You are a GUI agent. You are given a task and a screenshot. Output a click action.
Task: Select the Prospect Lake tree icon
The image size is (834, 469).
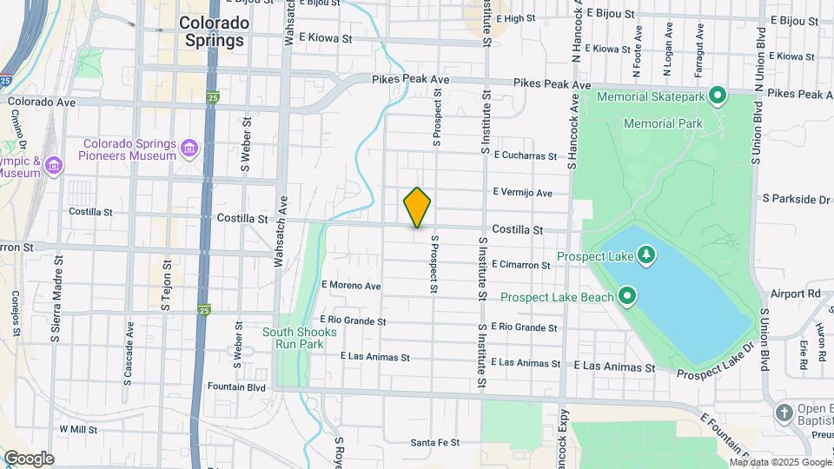[645, 254]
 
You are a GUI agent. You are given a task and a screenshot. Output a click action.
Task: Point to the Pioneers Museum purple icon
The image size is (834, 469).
[189, 150]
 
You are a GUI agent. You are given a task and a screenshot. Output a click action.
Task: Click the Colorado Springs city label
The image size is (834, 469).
[212, 30]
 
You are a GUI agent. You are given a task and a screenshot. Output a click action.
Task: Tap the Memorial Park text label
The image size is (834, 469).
[663, 124]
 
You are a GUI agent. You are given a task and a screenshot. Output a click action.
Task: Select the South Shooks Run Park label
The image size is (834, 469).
[293, 338]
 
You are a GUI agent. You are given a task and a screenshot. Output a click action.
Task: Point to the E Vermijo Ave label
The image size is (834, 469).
[522, 193]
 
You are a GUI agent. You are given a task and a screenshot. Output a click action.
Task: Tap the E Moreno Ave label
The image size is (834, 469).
[351, 285]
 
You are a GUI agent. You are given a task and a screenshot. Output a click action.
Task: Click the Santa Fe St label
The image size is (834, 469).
[434, 443]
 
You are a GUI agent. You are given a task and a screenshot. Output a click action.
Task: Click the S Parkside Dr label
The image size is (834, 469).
[797, 199]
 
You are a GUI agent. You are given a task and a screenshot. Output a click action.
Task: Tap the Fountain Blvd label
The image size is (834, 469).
[235, 386]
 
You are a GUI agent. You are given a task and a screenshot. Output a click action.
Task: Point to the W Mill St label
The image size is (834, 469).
[78, 429]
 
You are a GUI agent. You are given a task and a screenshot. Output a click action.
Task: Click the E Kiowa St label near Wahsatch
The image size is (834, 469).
[325, 38]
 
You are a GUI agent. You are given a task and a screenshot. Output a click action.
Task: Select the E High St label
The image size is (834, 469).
[525, 18]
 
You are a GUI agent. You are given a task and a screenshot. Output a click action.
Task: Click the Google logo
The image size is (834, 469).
[29, 459]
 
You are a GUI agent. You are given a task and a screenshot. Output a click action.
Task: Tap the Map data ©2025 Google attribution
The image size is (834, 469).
[780, 462]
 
